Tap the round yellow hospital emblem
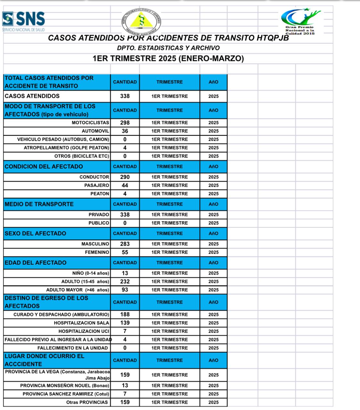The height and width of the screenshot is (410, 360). [x=141, y=21]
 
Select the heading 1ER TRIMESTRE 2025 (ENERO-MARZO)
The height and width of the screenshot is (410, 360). [x=168, y=59]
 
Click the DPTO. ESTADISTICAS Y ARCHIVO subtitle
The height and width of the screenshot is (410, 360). [x=168, y=48]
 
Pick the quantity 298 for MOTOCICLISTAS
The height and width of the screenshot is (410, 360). [x=125, y=123]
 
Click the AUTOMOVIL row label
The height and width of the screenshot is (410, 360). [x=95, y=131]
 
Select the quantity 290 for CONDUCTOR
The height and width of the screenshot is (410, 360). [x=125, y=177]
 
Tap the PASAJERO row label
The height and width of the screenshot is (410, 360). [x=97, y=185]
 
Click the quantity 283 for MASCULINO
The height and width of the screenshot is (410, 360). [x=125, y=244]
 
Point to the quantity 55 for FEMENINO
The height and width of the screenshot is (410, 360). [x=125, y=252]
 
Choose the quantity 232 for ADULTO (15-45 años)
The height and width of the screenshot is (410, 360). [x=125, y=282]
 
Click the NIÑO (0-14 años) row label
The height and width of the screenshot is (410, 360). [x=91, y=273]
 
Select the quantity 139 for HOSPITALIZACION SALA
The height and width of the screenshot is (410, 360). [x=125, y=323]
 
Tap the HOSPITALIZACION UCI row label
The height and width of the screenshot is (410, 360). [x=84, y=331]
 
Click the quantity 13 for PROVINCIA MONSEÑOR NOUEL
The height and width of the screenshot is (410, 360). [x=125, y=386]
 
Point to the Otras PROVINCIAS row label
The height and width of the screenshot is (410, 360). [x=87, y=402]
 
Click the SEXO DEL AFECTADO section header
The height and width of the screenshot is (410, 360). [x=36, y=234]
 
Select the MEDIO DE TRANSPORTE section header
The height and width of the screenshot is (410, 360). [x=39, y=204]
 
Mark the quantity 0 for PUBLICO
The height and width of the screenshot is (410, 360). [x=125, y=223]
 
